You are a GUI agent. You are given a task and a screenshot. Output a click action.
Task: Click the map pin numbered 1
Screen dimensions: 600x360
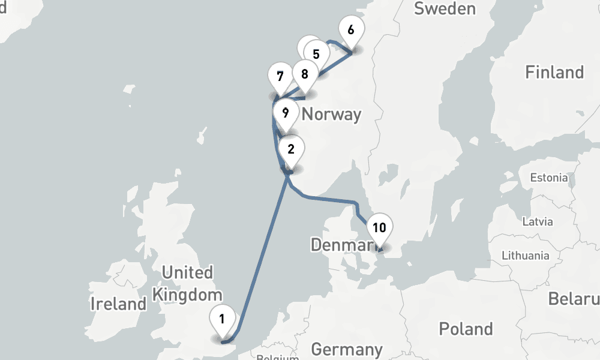(x=222, y=319)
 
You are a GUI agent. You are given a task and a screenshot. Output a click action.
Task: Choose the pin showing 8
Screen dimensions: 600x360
(x=305, y=74)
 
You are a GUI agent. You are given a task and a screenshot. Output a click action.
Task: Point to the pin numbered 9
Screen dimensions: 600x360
(x=286, y=112)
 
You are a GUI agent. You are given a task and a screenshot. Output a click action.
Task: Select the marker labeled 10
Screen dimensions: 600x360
(x=379, y=228)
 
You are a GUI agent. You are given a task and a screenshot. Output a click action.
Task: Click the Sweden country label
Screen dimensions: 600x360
(x=445, y=8)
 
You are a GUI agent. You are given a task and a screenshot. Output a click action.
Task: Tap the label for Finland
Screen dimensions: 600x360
(x=554, y=73)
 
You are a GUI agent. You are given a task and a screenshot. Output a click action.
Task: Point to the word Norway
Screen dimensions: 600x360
(x=331, y=114)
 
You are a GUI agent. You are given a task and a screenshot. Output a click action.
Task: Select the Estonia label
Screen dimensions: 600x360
(x=548, y=178)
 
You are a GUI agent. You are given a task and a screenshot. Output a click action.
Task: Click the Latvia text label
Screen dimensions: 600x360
(x=537, y=221)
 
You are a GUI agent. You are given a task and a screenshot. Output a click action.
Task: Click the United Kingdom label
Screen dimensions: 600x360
(x=187, y=284)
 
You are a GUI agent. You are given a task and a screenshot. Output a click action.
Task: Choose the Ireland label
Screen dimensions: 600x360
(x=118, y=304)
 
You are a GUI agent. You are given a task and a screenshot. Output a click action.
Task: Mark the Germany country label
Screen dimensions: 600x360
(x=347, y=349)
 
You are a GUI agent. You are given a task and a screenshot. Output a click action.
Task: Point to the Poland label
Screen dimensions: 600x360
(x=466, y=329)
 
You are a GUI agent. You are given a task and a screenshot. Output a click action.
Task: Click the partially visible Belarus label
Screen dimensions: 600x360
(x=574, y=298)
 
